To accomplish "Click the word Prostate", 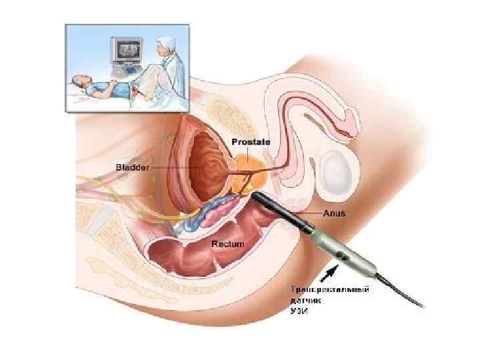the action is click(252, 141).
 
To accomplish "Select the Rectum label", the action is click(227, 245).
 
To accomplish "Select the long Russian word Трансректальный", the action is click(331, 291).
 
